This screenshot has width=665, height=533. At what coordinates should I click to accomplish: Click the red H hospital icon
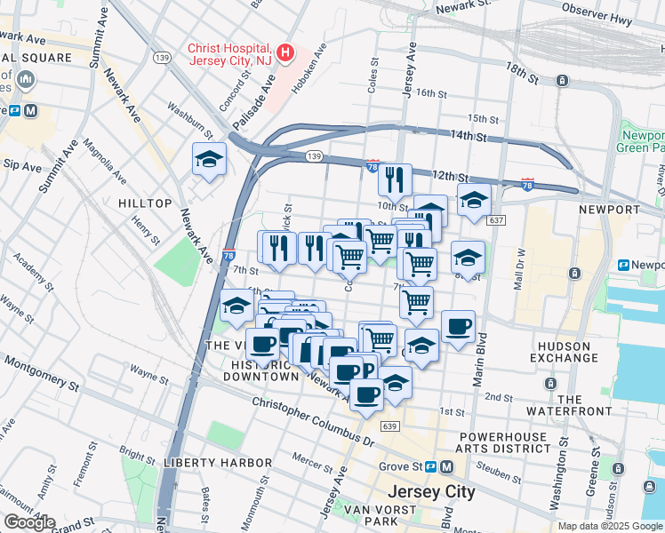285,52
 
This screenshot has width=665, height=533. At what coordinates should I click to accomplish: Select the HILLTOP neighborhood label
144,203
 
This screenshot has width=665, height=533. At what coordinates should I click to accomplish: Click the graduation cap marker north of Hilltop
209,160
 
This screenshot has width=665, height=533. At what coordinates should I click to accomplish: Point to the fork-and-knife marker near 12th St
394,179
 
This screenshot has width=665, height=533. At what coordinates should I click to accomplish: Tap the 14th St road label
469,136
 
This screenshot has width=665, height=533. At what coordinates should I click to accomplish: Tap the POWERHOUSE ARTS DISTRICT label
505,442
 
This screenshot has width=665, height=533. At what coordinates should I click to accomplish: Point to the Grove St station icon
429,466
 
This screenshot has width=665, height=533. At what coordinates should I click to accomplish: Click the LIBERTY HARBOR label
217,463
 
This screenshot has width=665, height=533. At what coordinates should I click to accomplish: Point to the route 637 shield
496,219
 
